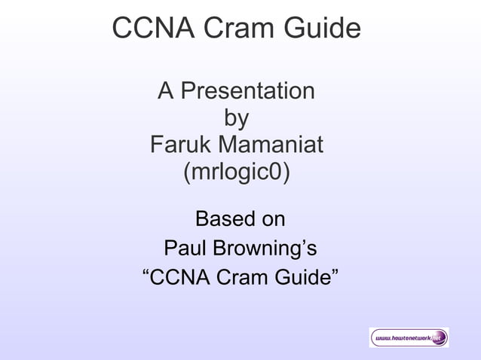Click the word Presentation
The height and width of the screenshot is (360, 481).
[248, 92]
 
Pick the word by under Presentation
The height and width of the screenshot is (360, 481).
[236, 118]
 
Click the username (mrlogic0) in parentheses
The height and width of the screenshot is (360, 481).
[236, 171]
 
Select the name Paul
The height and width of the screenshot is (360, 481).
[183, 248]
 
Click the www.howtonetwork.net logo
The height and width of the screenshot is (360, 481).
[409, 338]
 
